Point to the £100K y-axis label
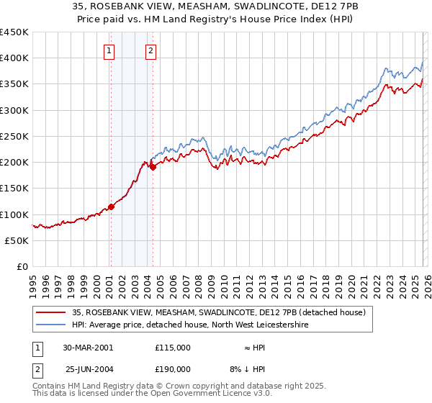point(14,214)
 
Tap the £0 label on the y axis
point(22,266)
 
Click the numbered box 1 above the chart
point(109,50)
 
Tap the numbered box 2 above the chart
point(150,50)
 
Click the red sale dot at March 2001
point(112,207)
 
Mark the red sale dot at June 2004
point(153,168)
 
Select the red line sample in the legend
point(52,312)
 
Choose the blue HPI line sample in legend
point(52,325)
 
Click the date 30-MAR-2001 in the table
point(89,347)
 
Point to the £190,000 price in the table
point(173,368)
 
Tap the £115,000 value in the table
point(173,347)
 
